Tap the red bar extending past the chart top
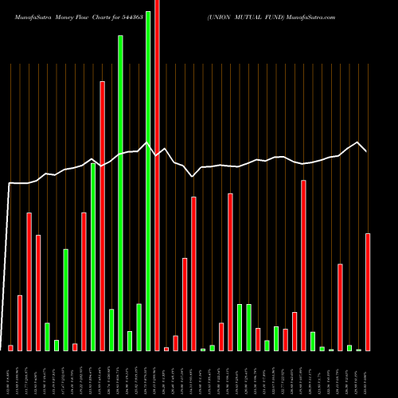tap(157, 175)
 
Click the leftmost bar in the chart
tap(10, 348)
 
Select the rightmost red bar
tap(368, 291)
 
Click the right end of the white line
tap(366, 150)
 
